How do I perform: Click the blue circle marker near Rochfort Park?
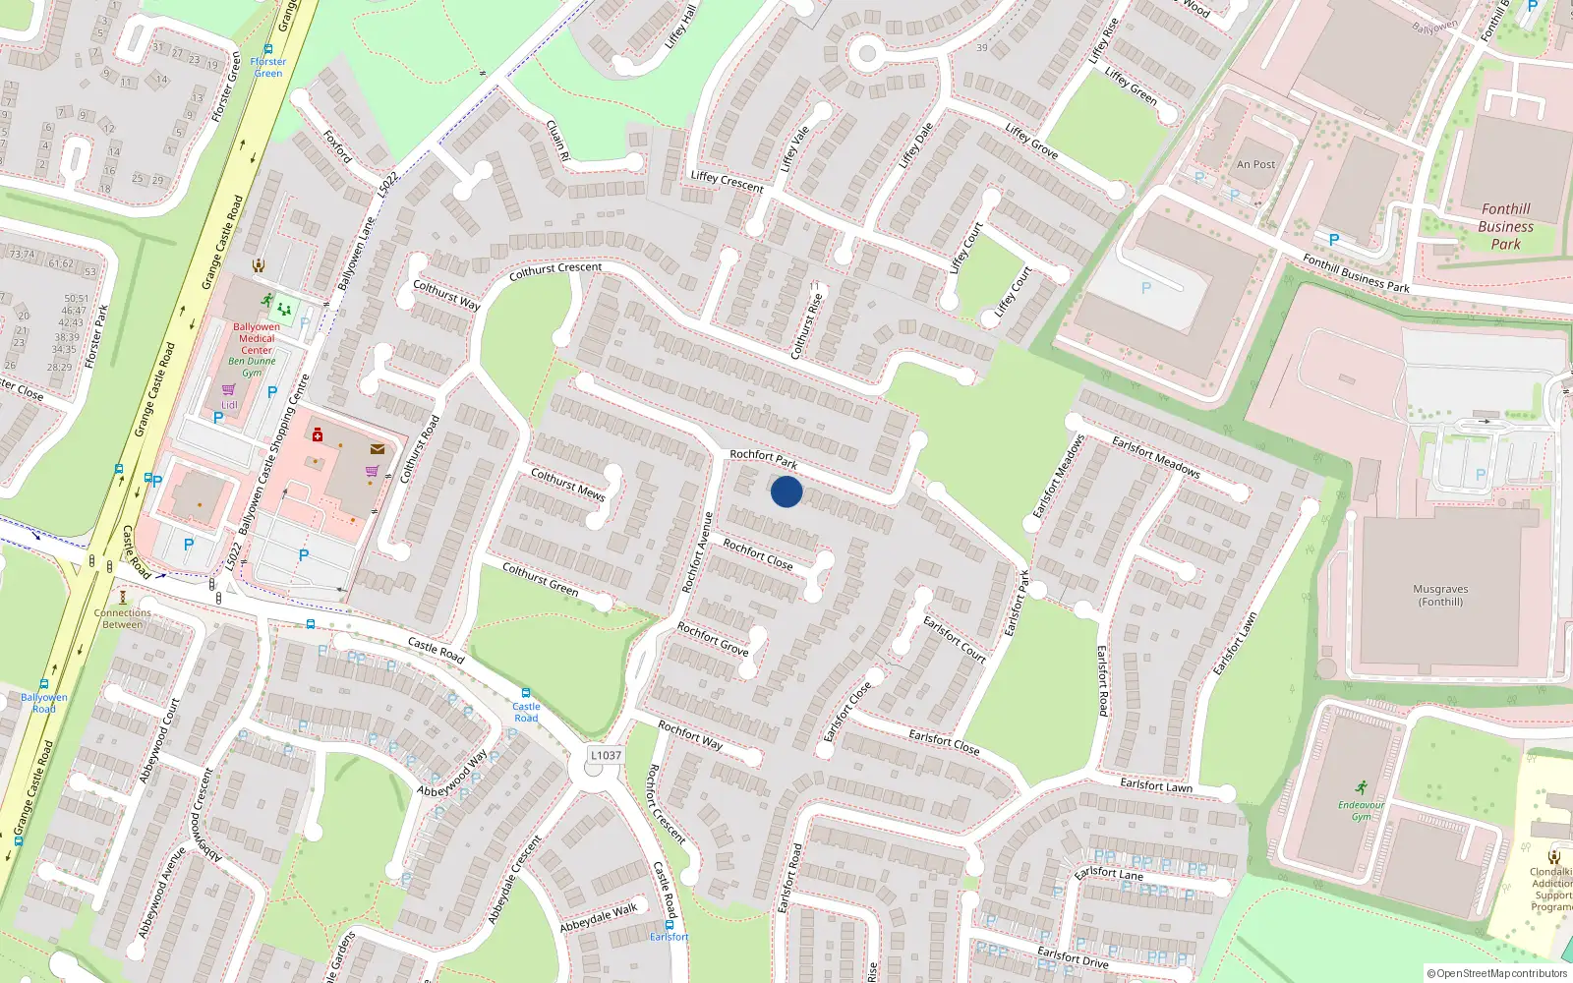point(786,491)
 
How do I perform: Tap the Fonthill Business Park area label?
point(1505,226)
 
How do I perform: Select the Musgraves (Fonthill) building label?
point(1440,596)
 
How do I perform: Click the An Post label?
point(1255,165)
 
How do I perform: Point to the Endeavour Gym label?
point(1361,811)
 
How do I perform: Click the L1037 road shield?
point(606,755)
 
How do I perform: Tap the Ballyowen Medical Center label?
point(257,338)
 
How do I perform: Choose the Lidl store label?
point(229,404)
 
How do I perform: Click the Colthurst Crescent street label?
point(555,271)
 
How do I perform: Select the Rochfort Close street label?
point(758,554)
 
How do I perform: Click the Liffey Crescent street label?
point(727,181)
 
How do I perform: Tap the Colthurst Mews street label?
point(567,484)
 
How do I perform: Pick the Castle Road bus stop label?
point(526,712)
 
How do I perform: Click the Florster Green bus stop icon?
point(268,49)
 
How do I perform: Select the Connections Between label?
point(123,618)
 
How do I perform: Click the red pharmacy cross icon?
point(318,434)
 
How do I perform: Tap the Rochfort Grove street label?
point(713,639)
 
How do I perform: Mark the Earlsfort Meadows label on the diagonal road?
point(1155,457)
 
